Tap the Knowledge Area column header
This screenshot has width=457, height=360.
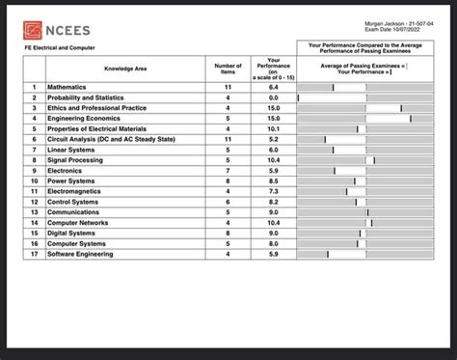pyautogui.click(x=125, y=69)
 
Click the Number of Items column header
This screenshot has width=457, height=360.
pyautogui.click(x=228, y=69)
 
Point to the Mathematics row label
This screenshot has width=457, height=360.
pyautogui.click(x=67, y=87)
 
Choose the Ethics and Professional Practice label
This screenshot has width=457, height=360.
pyautogui.click(x=96, y=108)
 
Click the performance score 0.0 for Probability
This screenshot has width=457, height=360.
pyautogui.click(x=273, y=97)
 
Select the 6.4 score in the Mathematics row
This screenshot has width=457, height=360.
pyautogui.click(x=273, y=87)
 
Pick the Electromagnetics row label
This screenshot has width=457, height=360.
pyautogui.click(x=77, y=191)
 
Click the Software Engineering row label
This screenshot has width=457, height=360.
pyautogui.click(x=80, y=254)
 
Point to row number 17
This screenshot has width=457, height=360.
pyautogui.click(x=34, y=254)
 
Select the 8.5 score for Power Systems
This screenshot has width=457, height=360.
pyautogui.click(x=273, y=180)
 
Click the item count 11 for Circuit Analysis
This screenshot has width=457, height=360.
pyautogui.click(x=228, y=139)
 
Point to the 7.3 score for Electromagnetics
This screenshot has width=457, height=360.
pyautogui.click(x=273, y=191)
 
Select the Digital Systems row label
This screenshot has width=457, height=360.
pyautogui.click(x=71, y=233)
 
